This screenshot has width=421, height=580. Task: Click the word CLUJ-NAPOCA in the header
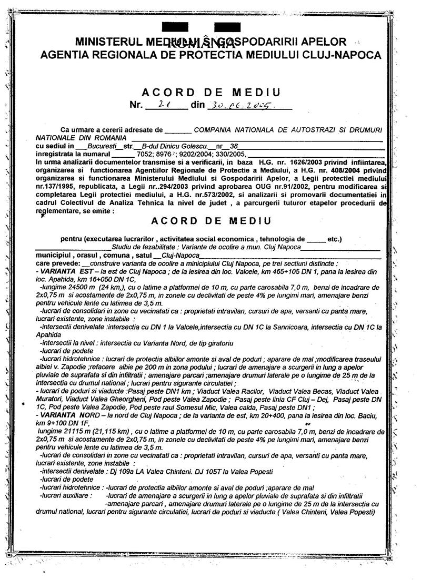coord(344,54)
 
